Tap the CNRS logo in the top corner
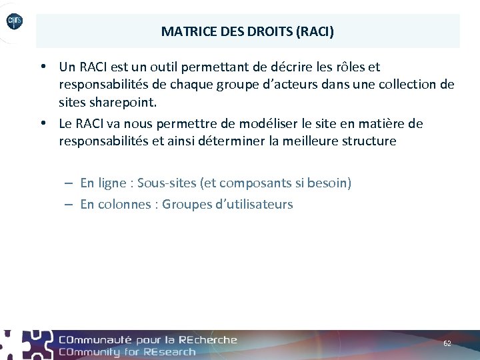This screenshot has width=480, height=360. [x=14, y=22]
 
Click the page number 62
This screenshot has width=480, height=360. [x=447, y=343]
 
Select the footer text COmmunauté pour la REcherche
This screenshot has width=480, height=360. [x=147, y=339]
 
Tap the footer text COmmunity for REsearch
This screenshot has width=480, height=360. [x=127, y=351]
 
